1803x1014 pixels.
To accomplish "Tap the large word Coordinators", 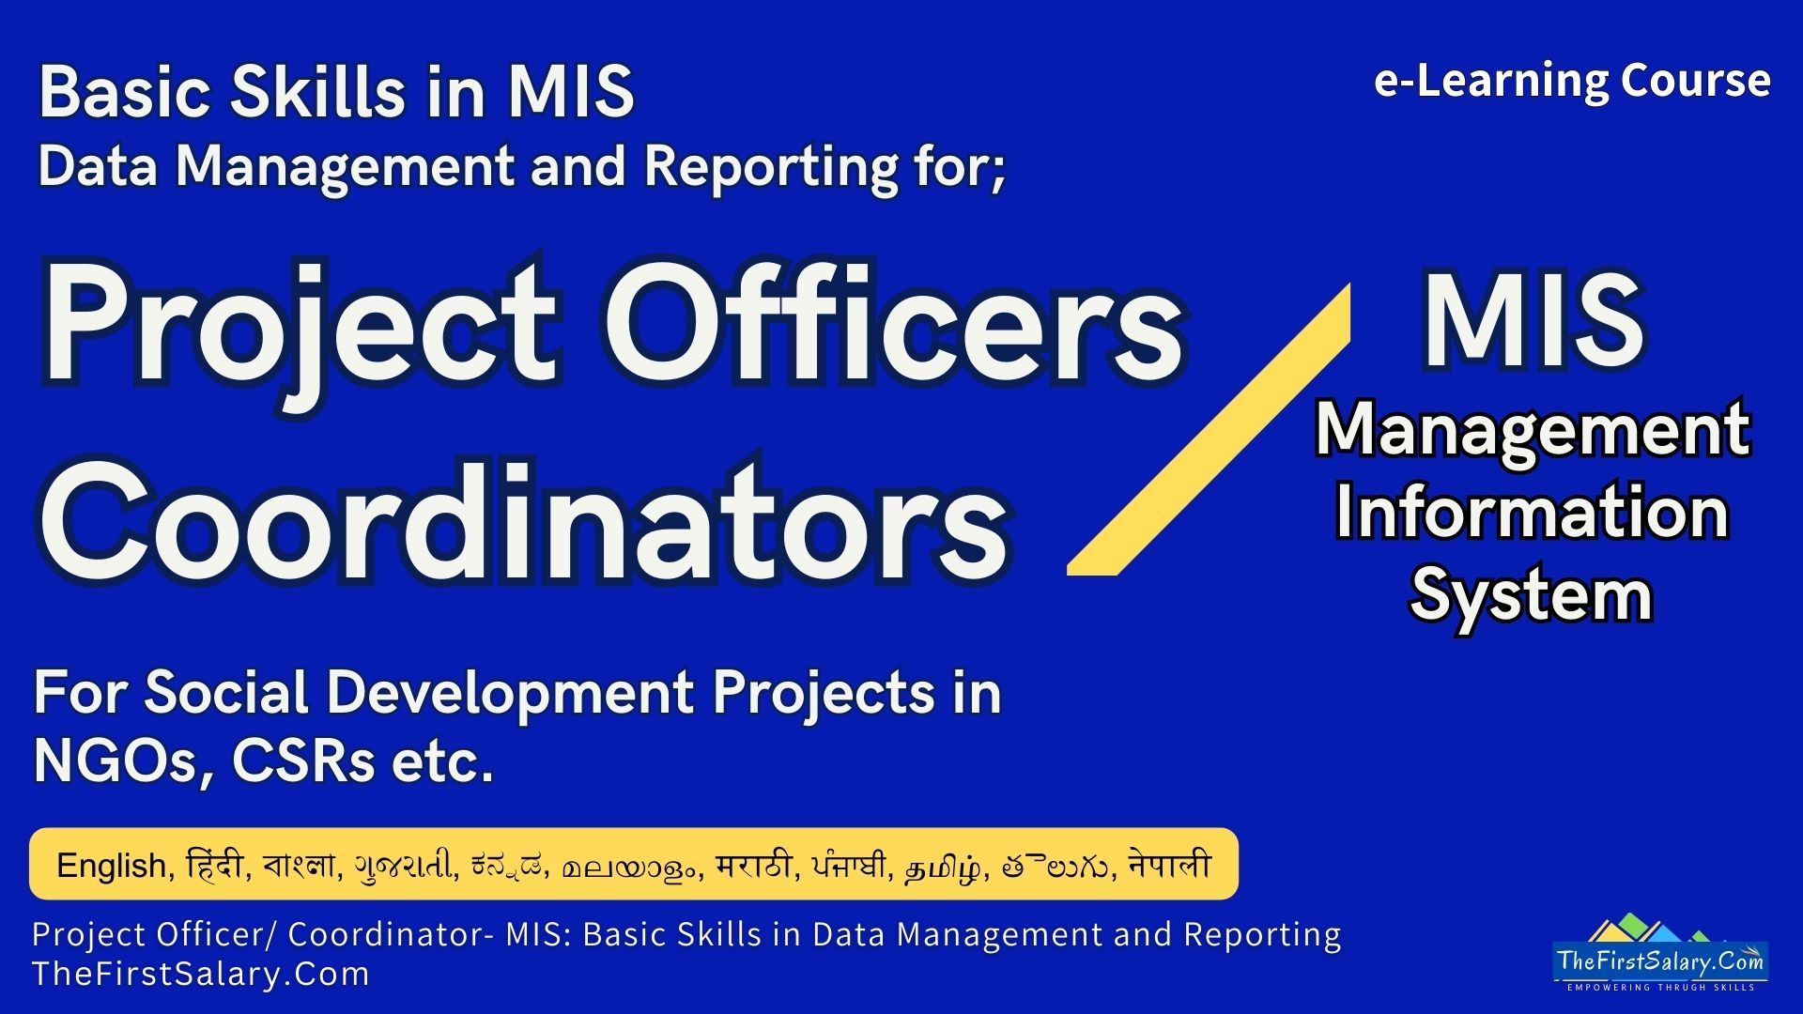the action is (524, 521).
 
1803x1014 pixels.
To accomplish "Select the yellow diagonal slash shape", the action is (1210, 429).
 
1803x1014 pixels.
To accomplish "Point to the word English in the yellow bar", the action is (112, 865).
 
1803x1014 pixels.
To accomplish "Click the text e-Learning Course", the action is (1572, 81).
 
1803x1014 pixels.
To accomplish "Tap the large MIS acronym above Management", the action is (1533, 321).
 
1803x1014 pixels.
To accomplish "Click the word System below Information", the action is (1532, 595).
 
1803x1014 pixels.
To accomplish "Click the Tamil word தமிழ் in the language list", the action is (944, 865).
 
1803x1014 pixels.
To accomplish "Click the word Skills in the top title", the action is (319, 92).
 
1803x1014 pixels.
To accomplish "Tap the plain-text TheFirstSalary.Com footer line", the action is (201, 974).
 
